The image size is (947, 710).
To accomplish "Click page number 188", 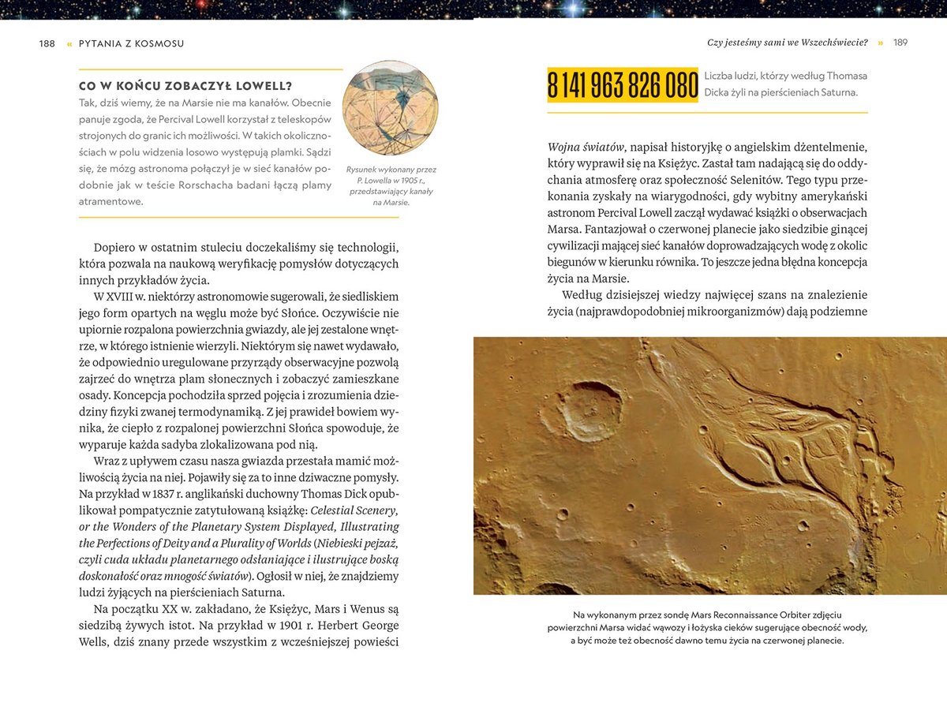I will pos(47,43).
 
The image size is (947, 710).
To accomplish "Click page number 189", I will pos(900,43).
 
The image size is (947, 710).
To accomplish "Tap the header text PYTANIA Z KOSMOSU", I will pos(131,43).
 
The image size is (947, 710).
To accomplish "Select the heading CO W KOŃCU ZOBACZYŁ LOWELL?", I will pos(186,86).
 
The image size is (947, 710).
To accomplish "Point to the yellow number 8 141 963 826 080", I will pos(623,85).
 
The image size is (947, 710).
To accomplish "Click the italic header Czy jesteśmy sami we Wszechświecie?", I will pos(787,43).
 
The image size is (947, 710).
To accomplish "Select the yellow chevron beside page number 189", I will pos(880,43).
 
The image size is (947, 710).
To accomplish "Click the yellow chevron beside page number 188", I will pos(69,43).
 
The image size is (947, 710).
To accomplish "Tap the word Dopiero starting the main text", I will pos(119,247).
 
